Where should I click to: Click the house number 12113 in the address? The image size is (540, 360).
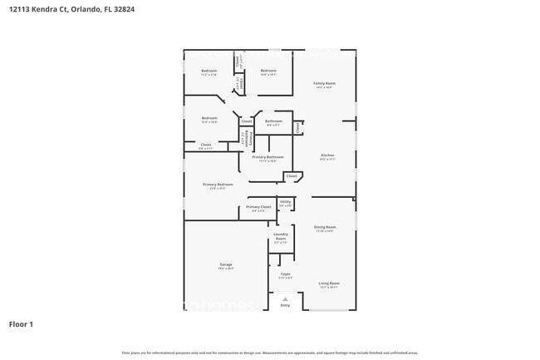(x=21, y=9)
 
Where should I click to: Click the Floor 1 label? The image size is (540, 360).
(x=21, y=323)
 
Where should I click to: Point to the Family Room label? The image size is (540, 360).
(x=324, y=84)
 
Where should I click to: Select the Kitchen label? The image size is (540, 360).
(x=327, y=156)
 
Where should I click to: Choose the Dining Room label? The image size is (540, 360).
(x=325, y=227)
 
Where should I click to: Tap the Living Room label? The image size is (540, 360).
(x=329, y=284)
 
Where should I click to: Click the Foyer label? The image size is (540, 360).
(x=285, y=274)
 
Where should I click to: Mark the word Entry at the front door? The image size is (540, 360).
(x=285, y=305)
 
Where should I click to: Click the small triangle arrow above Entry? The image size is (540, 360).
(x=285, y=298)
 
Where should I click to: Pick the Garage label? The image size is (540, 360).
(x=226, y=265)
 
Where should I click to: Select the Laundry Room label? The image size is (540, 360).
(x=281, y=236)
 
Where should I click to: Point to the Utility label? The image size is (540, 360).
(x=285, y=201)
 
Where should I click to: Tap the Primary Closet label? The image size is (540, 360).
(x=258, y=207)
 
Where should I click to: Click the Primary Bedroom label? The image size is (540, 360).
(x=218, y=185)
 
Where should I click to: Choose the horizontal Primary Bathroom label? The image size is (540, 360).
(x=268, y=157)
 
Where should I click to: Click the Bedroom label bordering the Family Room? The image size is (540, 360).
(x=268, y=71)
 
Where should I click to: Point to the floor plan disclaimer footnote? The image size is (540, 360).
(x=270, y=353)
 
